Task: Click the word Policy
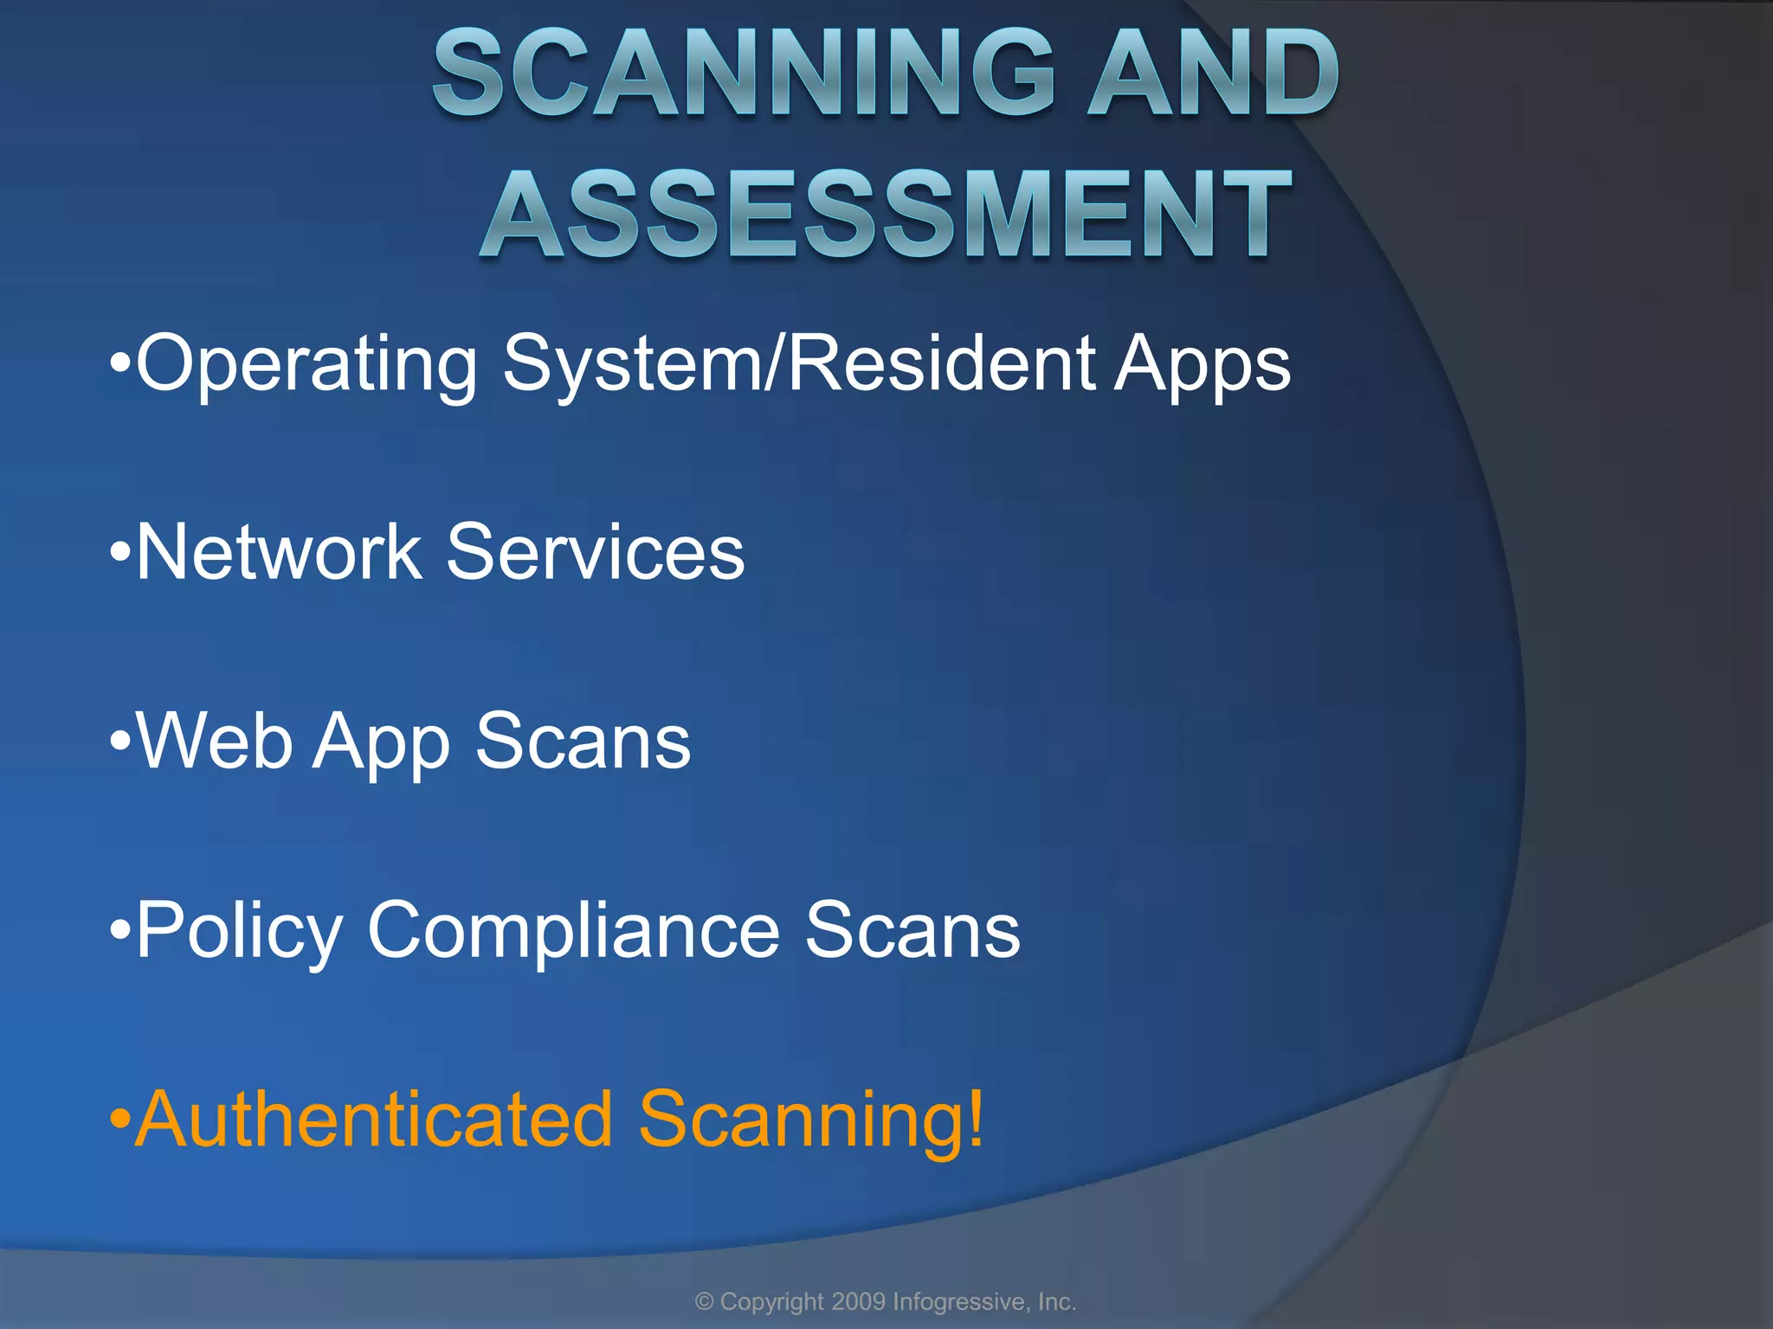coord(240,931)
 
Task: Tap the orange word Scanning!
coord(811,1121)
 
